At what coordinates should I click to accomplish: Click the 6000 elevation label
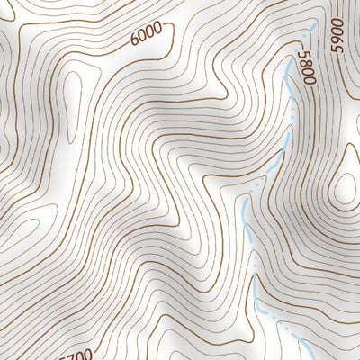click(x=146, y=34)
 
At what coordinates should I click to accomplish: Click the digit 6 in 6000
click(x=134, y=39)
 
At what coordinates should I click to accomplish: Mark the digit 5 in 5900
click(x=337, y=49)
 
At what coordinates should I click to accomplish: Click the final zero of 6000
click(x=158, y=29)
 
